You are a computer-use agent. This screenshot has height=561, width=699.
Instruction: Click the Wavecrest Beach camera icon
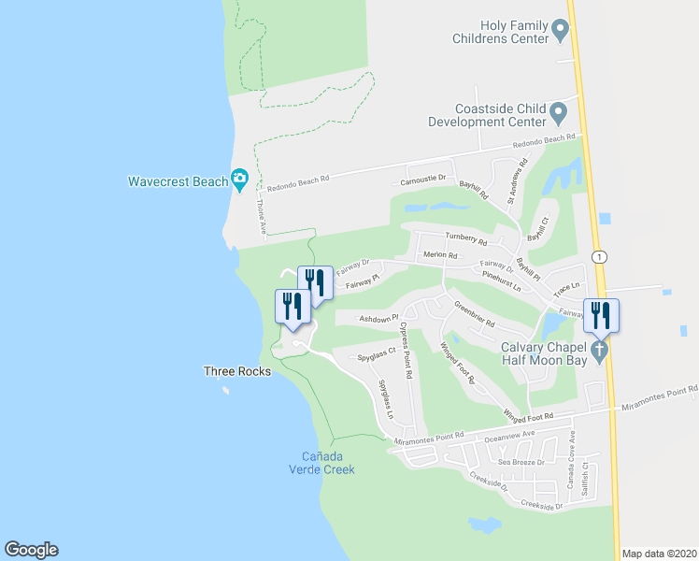click(x=240, y=179)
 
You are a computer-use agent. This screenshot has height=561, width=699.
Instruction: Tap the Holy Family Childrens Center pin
click(x=561, y=31)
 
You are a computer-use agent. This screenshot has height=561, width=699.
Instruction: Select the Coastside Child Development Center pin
click(x=559, y=114)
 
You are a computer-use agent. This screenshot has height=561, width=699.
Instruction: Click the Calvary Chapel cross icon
click(x=599, y=352)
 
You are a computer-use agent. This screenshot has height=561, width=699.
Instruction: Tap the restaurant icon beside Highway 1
click(x=600, y=316)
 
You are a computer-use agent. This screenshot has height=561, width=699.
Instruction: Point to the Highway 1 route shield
click(x=598, y=256)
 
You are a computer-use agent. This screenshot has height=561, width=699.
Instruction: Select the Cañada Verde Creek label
click(x=327, y=463)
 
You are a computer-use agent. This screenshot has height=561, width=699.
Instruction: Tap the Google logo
click(x=31, y=550)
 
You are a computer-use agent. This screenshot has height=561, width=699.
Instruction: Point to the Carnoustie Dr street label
click(x=425, y=180)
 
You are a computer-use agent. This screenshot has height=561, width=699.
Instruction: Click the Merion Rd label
click(x=439, y=255)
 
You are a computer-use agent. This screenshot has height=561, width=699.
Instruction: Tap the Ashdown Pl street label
click(x=378, y=319)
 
